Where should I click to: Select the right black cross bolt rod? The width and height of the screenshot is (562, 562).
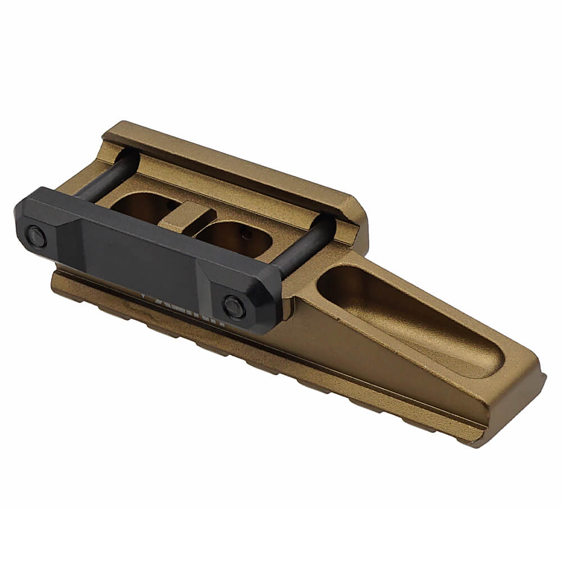tap(303, 247)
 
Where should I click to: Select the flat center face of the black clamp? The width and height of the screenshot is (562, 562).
tap(135, 259)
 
